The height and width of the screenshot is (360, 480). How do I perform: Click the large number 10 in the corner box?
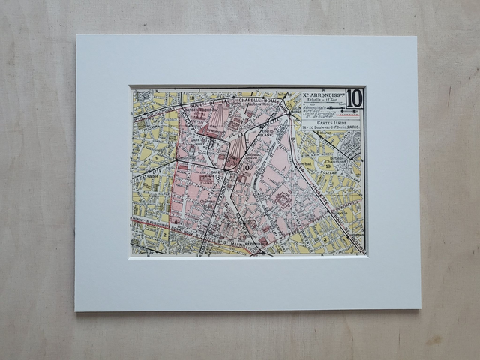pyautogui.click(x=354, y=97)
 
